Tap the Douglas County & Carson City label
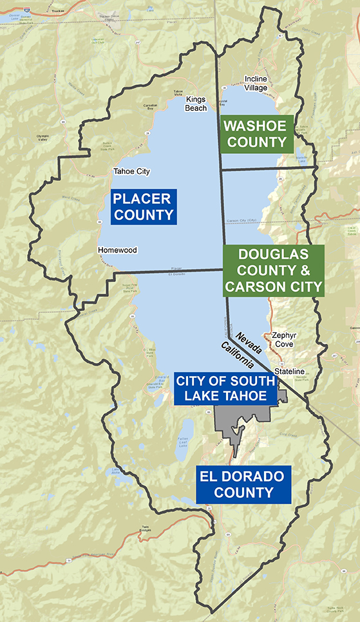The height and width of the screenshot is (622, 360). click(273, 270)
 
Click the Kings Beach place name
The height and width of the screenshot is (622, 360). click(196, 104)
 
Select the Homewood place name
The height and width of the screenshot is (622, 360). click(117, 250)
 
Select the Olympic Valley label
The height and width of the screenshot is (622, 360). click(43, 138)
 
